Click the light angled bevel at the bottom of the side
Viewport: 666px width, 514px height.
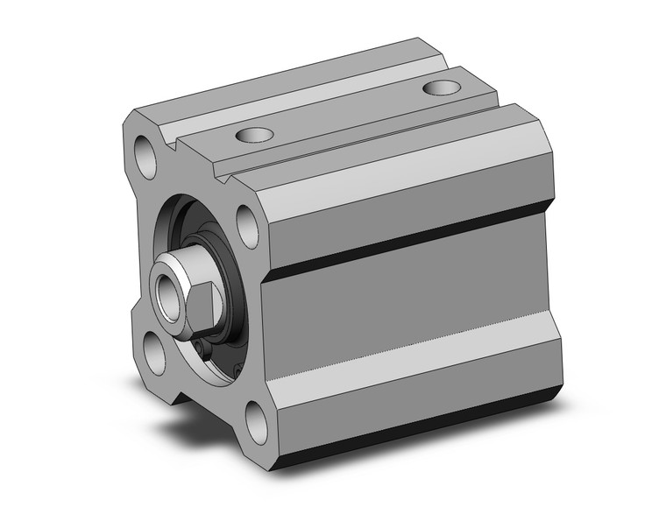point(403,385)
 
